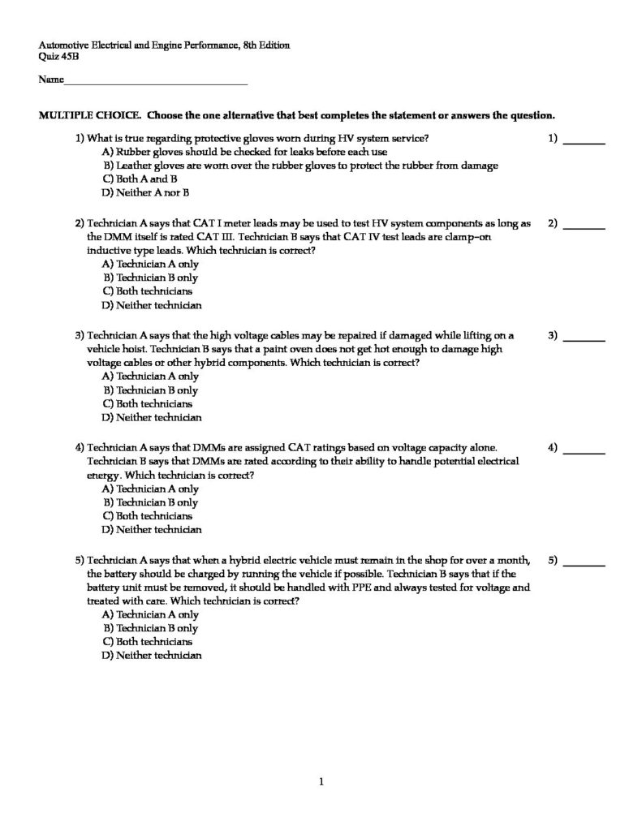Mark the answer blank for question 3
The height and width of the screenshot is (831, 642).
[584, 339]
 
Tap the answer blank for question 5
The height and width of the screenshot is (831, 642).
[584, 564]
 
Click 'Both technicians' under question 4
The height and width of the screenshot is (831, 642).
[147, 516]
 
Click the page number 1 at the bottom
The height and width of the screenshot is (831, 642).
[322, 782]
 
